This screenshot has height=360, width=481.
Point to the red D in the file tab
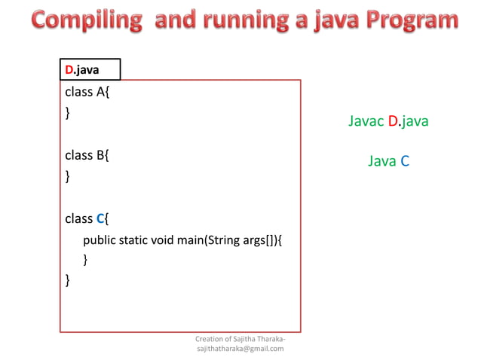69,70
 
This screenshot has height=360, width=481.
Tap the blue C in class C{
100,219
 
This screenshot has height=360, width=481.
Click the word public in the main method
99,241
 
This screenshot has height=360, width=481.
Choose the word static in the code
133,241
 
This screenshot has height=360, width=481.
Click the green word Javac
366,121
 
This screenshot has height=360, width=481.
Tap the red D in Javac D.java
393,121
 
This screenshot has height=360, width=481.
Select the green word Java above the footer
382,161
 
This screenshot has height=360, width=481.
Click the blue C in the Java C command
405,161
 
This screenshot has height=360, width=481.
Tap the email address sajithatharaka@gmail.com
240,349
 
